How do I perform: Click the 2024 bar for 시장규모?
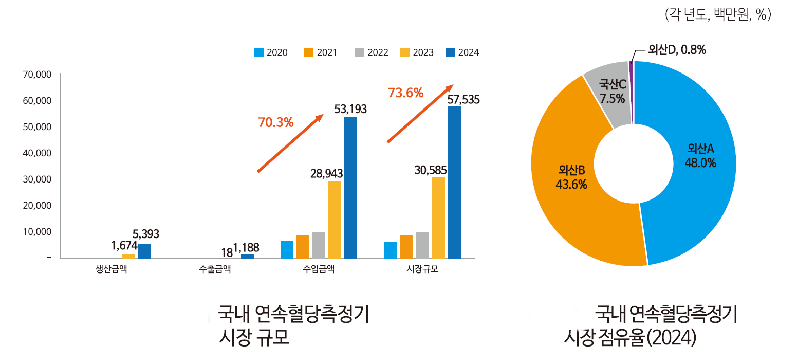coord(454,183)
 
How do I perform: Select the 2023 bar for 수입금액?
coord(335,220)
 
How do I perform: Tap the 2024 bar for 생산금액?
coord(144,251)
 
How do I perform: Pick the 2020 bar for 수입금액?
coord(287,249)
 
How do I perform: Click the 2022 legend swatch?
coord(359,52)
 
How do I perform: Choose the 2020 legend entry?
coord(270,52)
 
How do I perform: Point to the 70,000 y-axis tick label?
coord(38,75)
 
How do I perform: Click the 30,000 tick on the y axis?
coord(38,179)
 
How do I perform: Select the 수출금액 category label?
coord(215,269)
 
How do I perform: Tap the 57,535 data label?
coord(463,100)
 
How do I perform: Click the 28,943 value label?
coord(326,173)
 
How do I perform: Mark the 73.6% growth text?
coord(405,93)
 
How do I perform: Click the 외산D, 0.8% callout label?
coord(677,50)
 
